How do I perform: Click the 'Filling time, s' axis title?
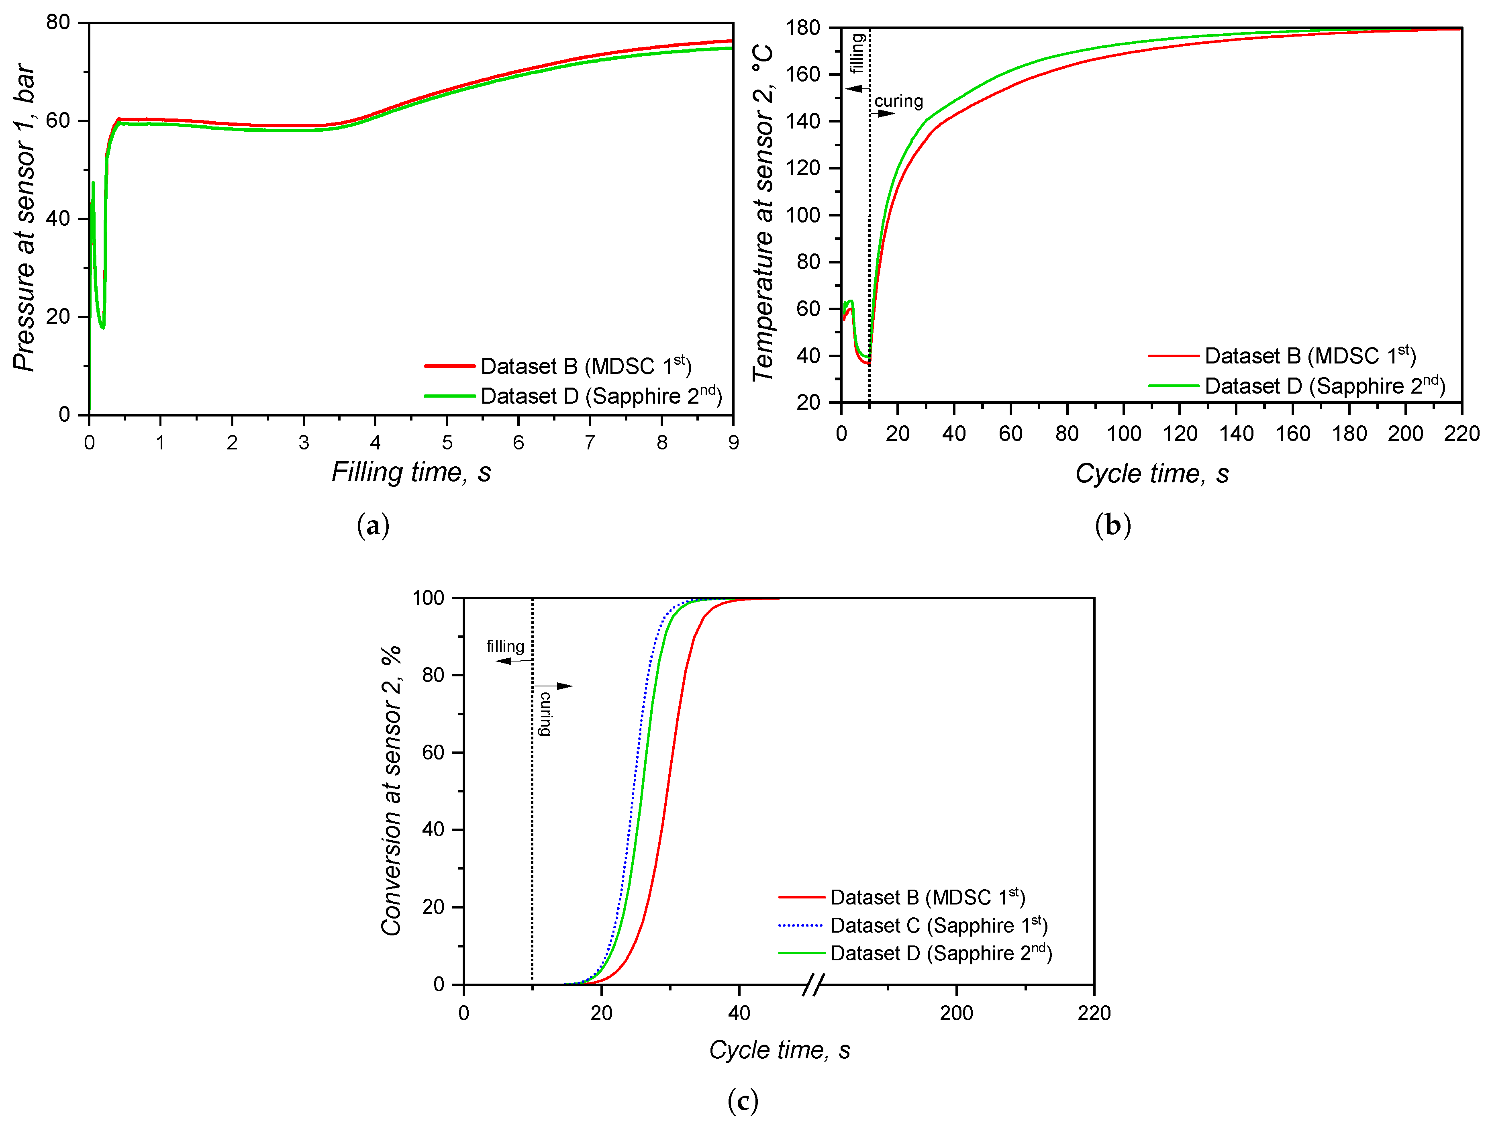tap(411, 472)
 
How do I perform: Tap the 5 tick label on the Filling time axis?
tap(447, 443)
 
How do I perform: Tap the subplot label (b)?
tap(1112, 525)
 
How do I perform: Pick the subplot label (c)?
tap(743, 1101)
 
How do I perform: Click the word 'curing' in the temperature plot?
tap(899, 102)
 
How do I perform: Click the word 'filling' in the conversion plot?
tap(505, 647)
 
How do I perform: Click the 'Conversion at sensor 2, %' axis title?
tap(392, 790)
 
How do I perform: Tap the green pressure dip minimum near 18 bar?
tap(102, 327)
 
